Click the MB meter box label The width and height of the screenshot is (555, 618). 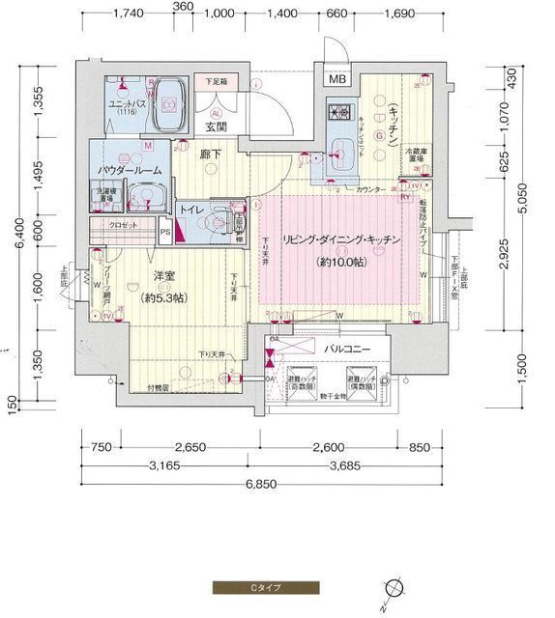click(x=336, y=80)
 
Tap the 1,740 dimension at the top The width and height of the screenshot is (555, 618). click(x=129, y=13)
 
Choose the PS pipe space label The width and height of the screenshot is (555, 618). click(x=165, y=232)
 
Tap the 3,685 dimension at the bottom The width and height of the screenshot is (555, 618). click(x=343, y=466)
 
